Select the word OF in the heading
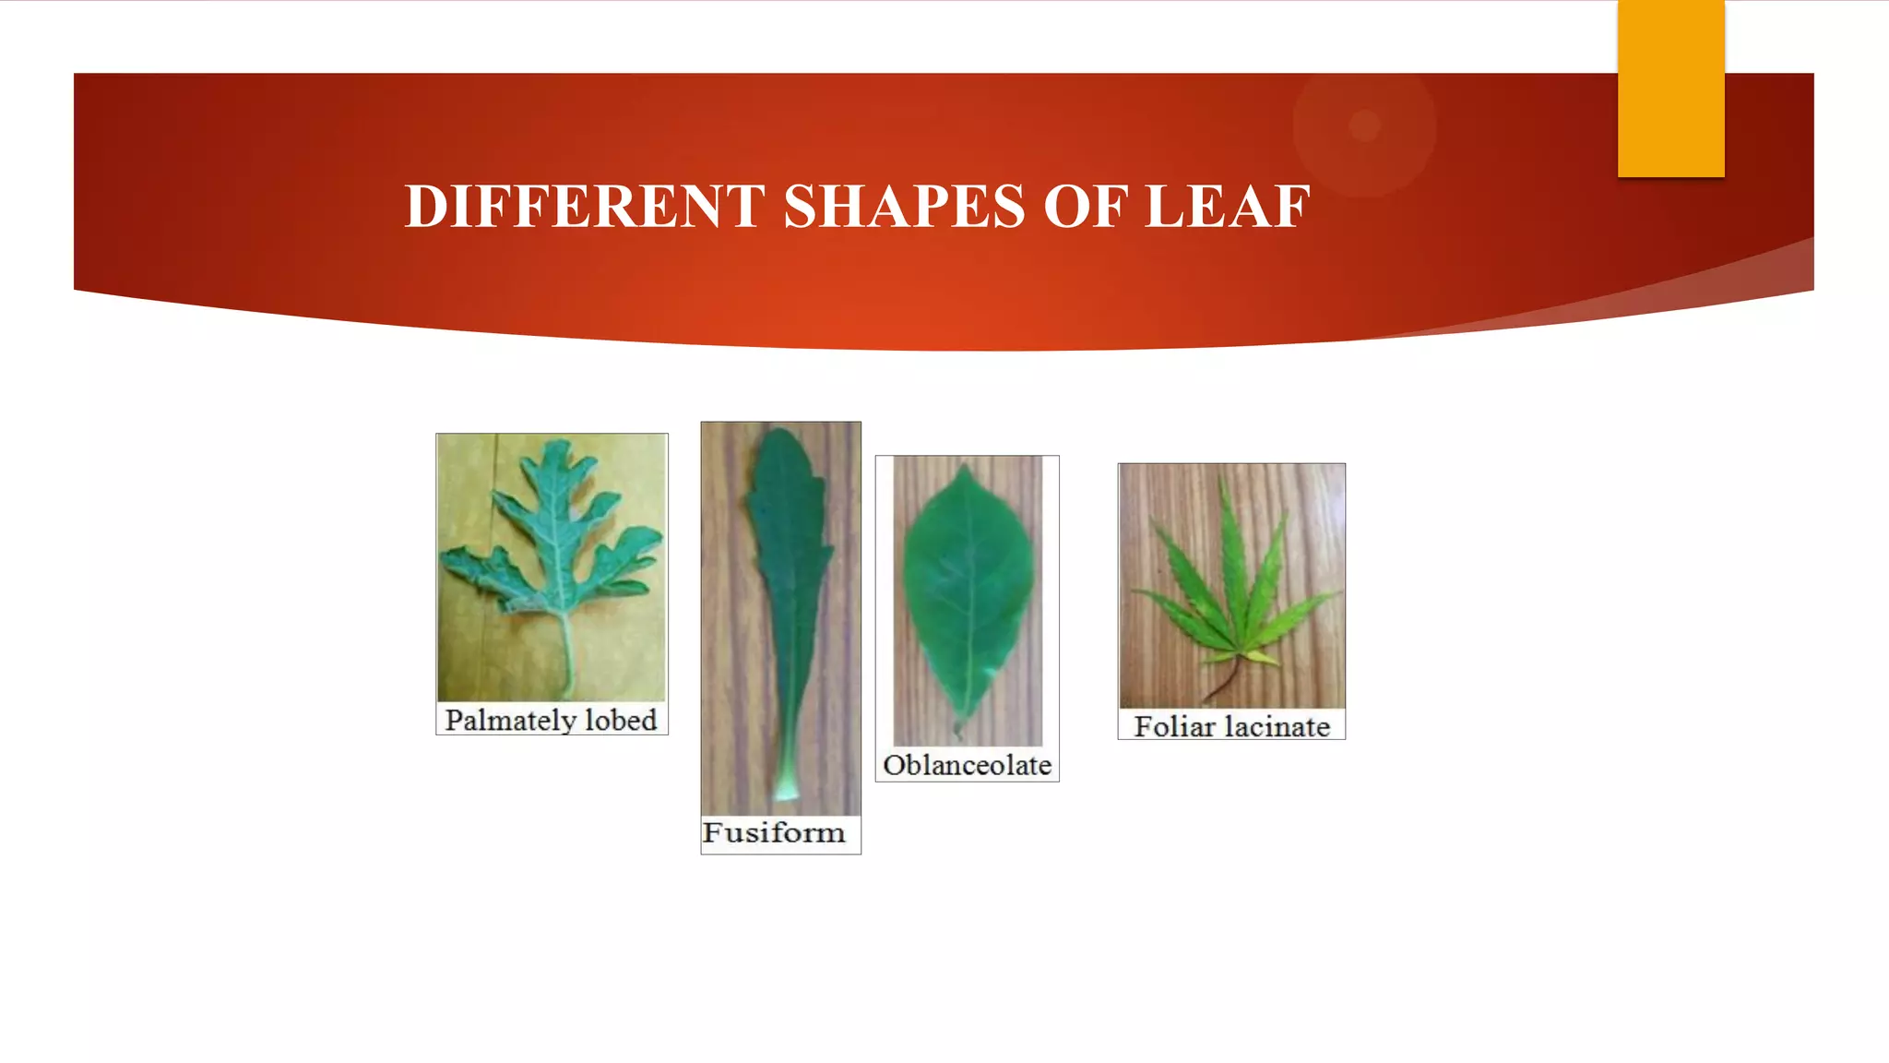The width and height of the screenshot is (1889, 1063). point(1086,206)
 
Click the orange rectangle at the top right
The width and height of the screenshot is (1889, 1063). point(1670,88)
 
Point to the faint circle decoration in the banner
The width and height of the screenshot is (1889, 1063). point(1364,125)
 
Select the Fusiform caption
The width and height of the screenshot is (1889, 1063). point(773,832)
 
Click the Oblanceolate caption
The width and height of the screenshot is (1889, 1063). point(967,765)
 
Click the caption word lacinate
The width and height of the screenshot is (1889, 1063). point(1277,726)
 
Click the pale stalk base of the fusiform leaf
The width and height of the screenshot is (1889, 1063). point(786,790)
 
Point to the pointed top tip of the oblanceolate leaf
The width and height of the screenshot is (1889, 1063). point(966,470)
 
